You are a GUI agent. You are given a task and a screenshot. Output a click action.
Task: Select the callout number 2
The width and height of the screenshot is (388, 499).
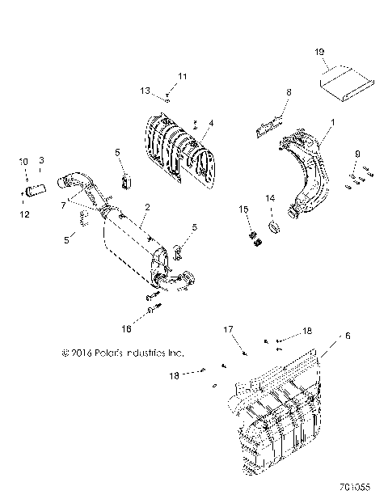[x=145, y=207]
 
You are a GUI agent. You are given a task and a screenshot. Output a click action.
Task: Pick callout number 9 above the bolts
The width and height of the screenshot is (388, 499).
[x=356, y=153]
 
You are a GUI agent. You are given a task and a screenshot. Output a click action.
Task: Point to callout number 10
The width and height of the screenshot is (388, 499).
[x=23, y=161]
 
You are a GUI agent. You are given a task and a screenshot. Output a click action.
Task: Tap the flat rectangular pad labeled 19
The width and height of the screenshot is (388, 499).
[x=346, y=82]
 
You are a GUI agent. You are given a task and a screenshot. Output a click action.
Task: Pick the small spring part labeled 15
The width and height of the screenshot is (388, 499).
[x=252, y=236]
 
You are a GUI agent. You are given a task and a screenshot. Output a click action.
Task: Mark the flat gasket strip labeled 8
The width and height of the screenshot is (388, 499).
[x=268, y=124]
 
